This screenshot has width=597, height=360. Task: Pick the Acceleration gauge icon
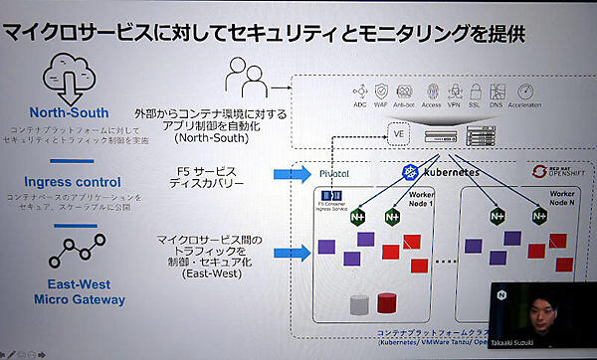click(x=523, y=90)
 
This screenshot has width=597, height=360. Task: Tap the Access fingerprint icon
click(x=432, y=90)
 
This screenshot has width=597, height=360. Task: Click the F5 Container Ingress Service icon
click(x=334, y=199)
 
